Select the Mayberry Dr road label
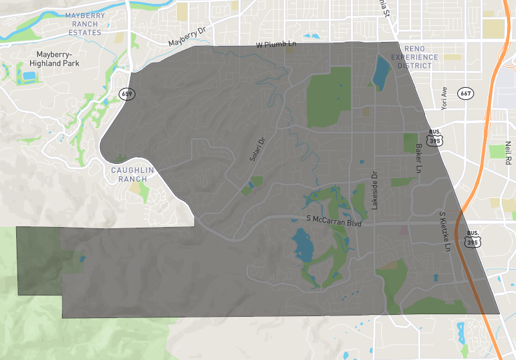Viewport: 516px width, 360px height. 186,41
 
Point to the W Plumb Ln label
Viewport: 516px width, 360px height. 275,45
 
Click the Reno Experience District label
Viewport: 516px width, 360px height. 418,57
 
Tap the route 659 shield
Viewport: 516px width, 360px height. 126,94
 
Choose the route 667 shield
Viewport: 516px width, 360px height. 466,94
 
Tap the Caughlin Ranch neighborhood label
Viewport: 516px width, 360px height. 133,174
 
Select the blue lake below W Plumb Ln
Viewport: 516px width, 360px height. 381,71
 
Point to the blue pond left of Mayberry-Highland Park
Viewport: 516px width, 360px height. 29,75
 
